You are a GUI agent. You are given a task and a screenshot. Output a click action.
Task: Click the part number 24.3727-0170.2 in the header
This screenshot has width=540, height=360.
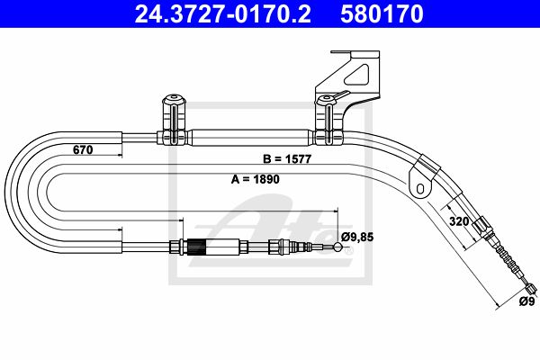(223, 13)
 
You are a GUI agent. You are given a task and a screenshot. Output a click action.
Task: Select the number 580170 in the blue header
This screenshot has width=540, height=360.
(382, 13)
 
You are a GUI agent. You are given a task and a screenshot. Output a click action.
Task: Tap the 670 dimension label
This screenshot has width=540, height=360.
(83, 150)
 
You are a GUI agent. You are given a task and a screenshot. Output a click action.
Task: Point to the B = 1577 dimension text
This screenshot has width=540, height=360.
(287, 158)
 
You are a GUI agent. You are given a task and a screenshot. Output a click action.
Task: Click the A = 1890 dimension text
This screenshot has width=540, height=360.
(256, 179)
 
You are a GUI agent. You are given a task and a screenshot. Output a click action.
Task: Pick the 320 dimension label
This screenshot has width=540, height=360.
(459, 221)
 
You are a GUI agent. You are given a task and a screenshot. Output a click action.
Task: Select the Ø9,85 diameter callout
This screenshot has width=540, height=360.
(357, 237)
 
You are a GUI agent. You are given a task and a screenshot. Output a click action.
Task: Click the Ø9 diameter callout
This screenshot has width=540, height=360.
(526, 301)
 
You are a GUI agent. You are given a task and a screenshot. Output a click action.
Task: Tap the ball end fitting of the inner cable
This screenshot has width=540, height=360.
(337, 247)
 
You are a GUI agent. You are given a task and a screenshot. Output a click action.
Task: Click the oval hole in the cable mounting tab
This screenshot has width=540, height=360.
(420, 188)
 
